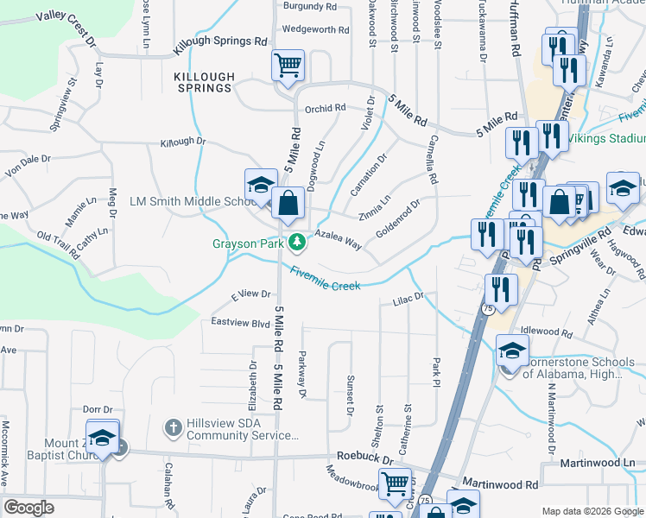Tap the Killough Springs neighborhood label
point(204,82)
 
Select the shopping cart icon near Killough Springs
point(288,64)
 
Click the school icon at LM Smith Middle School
point(260,185)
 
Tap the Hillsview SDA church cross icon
point(173,427)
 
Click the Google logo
point(28,508)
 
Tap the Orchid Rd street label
point(325,109)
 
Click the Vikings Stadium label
point(614,138)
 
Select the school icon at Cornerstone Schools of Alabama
point(511,351)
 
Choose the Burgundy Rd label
point(308,6)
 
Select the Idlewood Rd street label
point(548,332)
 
